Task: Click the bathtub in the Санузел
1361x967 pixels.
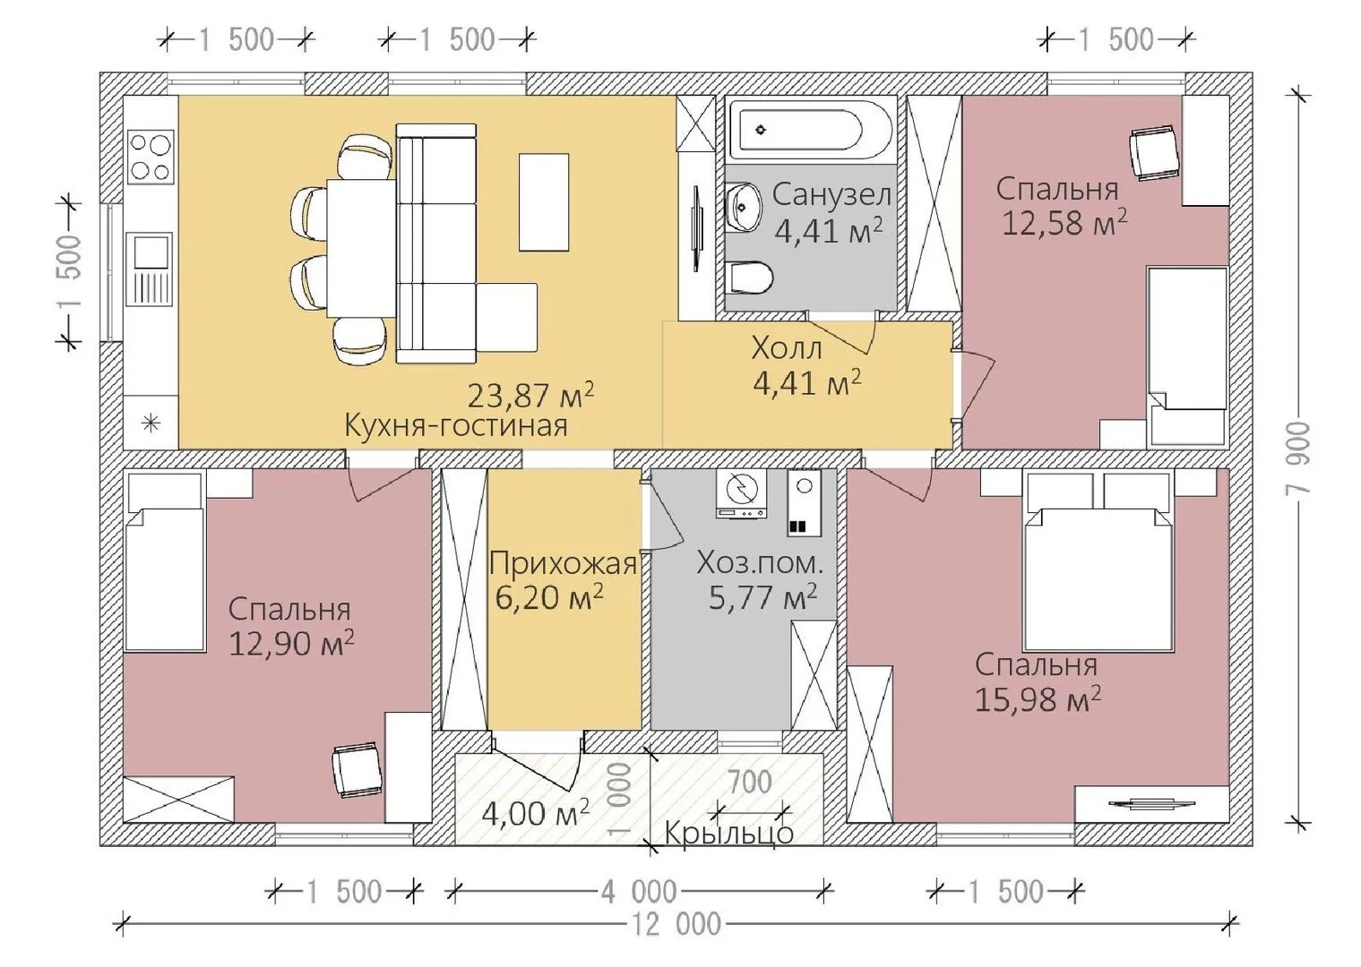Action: point(811,130)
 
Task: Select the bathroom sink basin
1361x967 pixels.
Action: point(743,207)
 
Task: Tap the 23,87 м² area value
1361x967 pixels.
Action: point(530,395)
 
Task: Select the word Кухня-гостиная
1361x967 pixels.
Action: point(456,425)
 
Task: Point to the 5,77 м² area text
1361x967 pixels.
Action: point(762,598)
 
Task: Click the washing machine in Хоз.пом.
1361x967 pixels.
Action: point(741,495)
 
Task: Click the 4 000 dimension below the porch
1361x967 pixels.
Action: point(639,892)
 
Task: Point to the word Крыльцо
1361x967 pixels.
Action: point(729,833)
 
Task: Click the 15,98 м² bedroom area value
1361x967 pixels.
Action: point(1038,698)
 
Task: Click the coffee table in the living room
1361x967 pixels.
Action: point(544,202)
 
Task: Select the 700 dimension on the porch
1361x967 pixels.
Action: point(750,782)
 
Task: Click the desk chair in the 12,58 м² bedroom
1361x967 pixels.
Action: point(1153,154)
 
